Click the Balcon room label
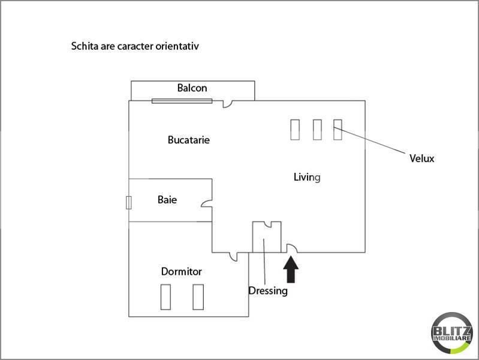pos(192,88)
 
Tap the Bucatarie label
pos(189,140)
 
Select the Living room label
pos(307,177)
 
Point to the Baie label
pos(167,200)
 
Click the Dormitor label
pos(182,272)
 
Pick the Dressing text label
pos(268,291)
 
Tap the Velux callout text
pos(422,158)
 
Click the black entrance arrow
pos(291,269)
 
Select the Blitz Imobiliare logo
pos(452,333)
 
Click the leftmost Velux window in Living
pos(295,130)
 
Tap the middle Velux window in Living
pos(317,130)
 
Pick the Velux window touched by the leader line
pos(338,130)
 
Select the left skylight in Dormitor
pos(165,297)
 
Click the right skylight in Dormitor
pos(198,297)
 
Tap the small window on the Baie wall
pos(129,202)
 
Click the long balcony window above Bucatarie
pos(182,101)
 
